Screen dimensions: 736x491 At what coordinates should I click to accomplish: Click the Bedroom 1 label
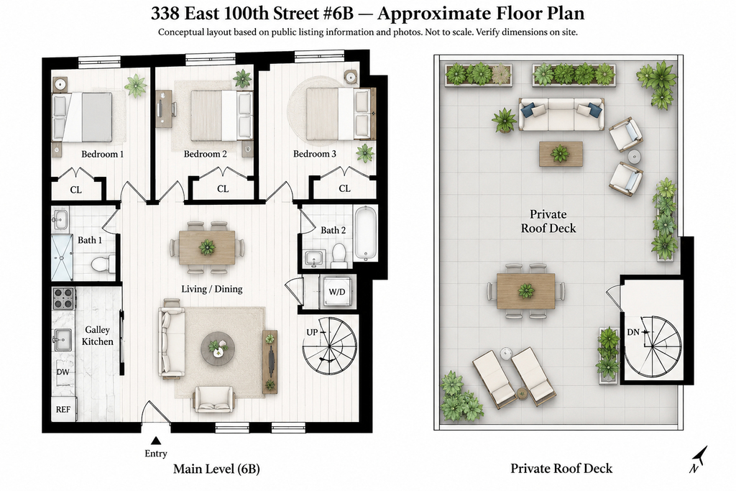[102, 154]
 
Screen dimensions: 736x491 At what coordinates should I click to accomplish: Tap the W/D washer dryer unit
[337, 291]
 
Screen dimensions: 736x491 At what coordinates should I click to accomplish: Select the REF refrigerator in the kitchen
[63, 409]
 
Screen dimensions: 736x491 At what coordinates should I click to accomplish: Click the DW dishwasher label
[63, 372]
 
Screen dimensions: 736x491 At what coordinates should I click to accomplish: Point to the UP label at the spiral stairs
[312, 332]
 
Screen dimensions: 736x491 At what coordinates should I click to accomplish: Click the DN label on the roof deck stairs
[633, 332]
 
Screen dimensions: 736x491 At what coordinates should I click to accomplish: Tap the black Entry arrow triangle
[156, 440]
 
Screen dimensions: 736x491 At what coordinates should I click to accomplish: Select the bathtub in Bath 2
[366, 233]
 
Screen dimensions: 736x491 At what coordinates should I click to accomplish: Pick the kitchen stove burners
[63, 298]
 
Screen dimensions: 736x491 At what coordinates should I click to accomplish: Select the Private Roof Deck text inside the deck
[548, 221]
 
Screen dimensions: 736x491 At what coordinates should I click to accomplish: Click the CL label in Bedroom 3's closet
[344, 188]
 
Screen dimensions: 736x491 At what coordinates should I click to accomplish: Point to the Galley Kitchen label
[97, 336]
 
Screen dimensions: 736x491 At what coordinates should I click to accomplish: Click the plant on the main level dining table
[207, 247]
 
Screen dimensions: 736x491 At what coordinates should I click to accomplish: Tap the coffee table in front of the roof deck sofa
[561, 154]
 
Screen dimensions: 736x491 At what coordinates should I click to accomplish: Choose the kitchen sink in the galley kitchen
[62, 339]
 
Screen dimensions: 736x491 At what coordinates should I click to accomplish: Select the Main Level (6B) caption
[216, 469]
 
